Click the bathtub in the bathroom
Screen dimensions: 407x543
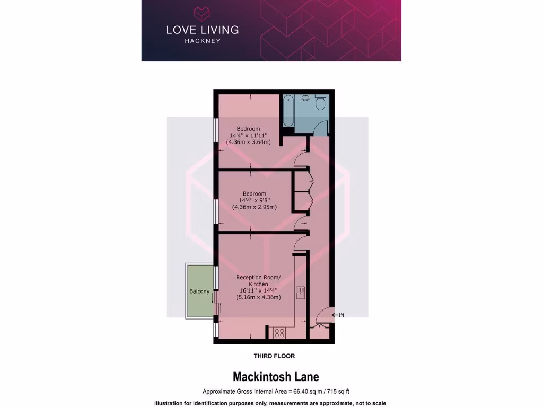(x=288, y=110)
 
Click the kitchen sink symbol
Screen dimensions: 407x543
(x=300, y=293)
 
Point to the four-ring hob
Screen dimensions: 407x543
(x=279, y=333)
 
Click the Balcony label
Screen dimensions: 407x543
(x=199, y=291)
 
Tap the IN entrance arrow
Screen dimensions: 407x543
(x=338, y=315)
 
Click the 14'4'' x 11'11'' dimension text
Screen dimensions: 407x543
(x=248, y=136)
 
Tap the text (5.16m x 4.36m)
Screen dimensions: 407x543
(x=258, y=297)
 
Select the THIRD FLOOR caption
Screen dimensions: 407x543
(x=274, y=356)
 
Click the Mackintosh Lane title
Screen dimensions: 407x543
(x=276, y=377)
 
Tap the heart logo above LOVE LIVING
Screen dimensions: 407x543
(x=202, y=13)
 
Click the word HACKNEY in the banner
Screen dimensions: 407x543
(x=202, y=41)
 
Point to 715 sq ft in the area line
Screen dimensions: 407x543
(x=337, y=392)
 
